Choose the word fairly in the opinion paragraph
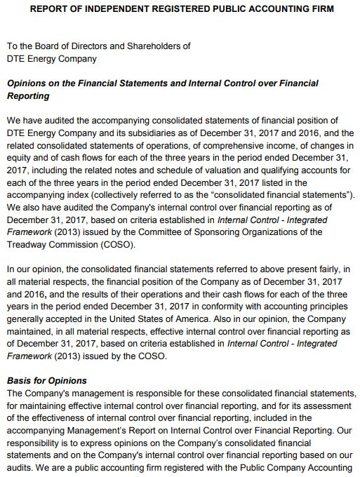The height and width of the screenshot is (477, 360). pyautogui.click(x=328, y=269)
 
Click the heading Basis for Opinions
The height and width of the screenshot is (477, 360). pyautogui.click(x=47, y=380)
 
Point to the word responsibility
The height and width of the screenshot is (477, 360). pyautogui.click(x=36, y=443)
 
